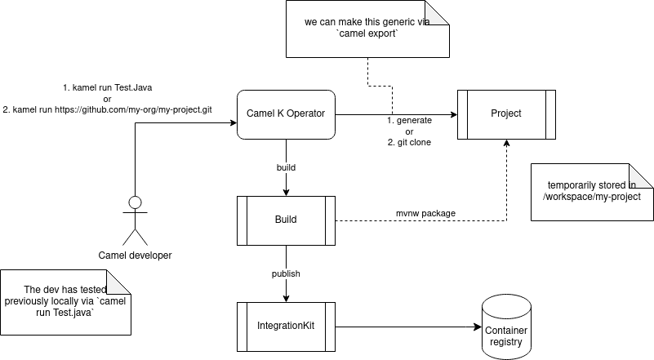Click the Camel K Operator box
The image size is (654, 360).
coord(286,114)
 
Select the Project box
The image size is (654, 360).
coord(506,114)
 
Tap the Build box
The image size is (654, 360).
coord(286,220)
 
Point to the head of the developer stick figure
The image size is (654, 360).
coord(136,202)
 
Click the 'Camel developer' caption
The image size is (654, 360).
coord(136,256)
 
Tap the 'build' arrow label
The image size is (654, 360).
coord(286,167)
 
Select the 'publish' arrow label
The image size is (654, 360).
coord(286,273)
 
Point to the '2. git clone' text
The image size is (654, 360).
coord(409,142)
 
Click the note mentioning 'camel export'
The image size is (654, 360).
coord(367,29)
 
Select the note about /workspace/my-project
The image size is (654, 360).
coord(592,191)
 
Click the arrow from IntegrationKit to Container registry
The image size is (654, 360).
coord(408,327)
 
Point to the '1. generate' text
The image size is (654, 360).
coord(409,120)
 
